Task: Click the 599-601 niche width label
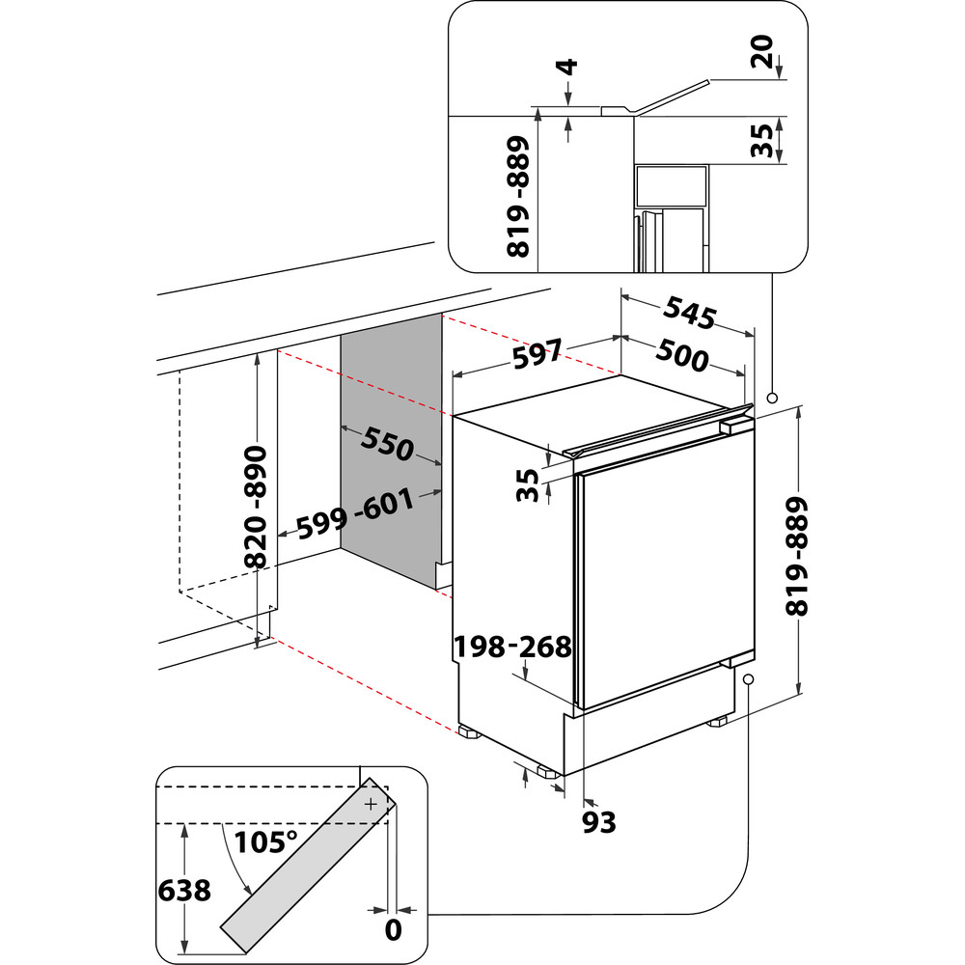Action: (x=355, y=516)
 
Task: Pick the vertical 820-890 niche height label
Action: (x=256, y=507)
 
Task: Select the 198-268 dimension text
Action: (x=512, y=647)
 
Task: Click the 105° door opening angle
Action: (x=264, y=841)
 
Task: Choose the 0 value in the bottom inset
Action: (x=392, y=930)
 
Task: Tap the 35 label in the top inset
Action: (x=762, y=140)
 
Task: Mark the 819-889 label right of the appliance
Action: (x=797, y=557)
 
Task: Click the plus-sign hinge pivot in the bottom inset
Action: (x=372, y=802)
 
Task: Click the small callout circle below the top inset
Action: (x=772, y=398)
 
